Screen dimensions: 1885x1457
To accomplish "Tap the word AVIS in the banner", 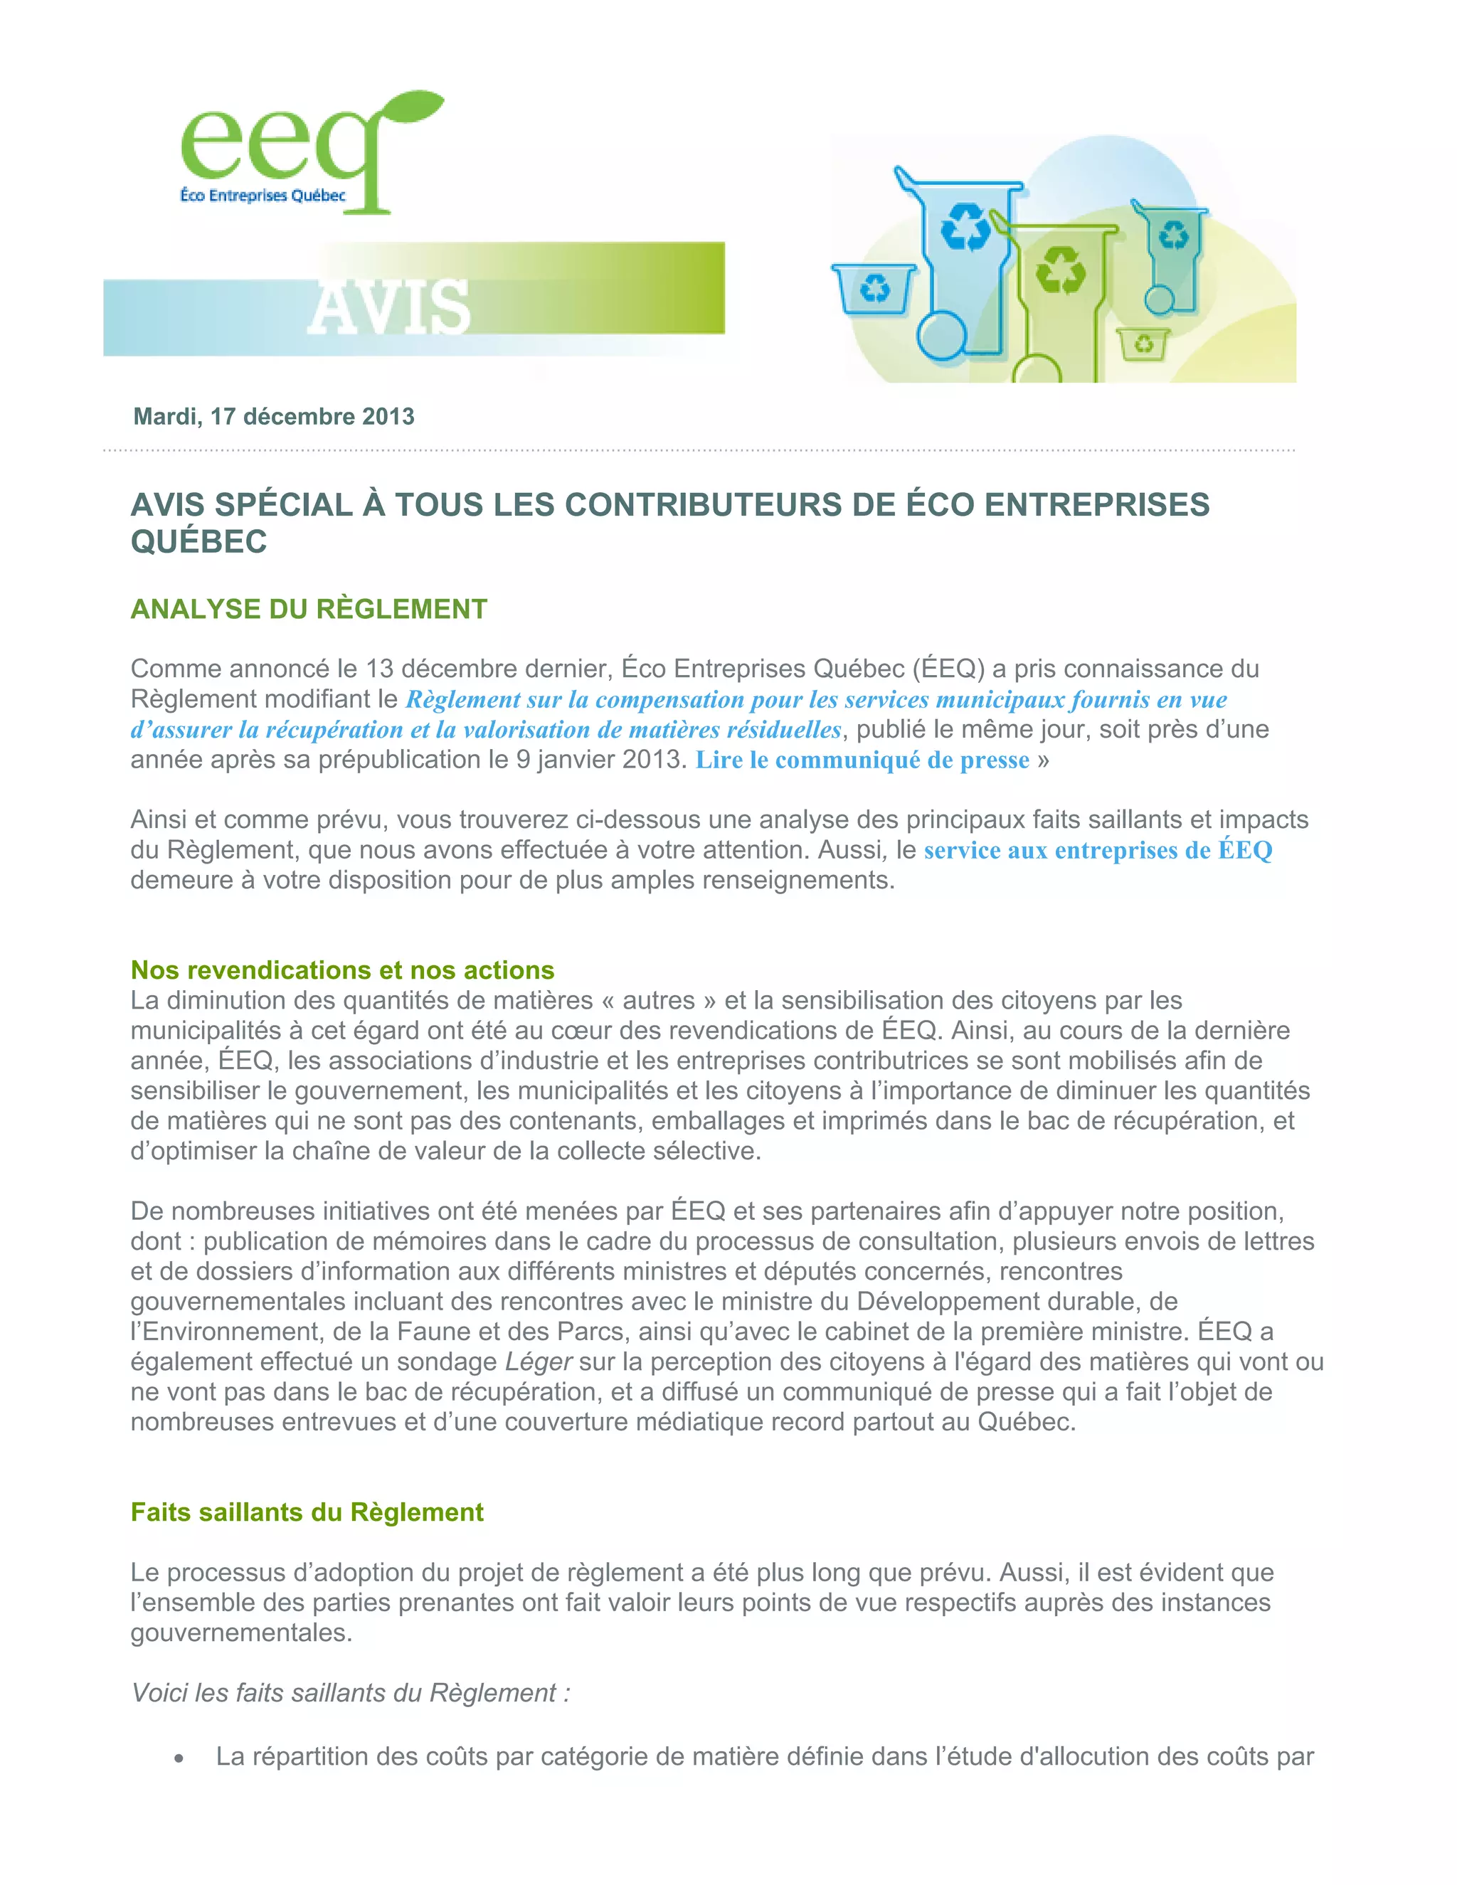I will point(388,307).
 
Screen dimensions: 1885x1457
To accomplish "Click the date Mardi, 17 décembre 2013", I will point(274,417).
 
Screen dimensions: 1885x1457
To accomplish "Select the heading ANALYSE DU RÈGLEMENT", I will point(308,610).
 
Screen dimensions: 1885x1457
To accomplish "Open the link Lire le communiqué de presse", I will point(862,760).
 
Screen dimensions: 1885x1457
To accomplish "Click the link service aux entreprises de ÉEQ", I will point(1098,851).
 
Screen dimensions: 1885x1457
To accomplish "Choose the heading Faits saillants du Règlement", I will point(307,1512).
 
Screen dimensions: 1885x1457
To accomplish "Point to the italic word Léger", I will point(539,1362).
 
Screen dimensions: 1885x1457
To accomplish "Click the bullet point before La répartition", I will point(179,1758).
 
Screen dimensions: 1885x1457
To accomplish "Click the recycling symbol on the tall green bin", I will point(1060,271).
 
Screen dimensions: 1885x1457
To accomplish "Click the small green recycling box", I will point(1143,344).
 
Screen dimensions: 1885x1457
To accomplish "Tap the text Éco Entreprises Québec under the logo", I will point(263,196).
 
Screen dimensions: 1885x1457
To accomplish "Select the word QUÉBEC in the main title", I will point(198,543).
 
